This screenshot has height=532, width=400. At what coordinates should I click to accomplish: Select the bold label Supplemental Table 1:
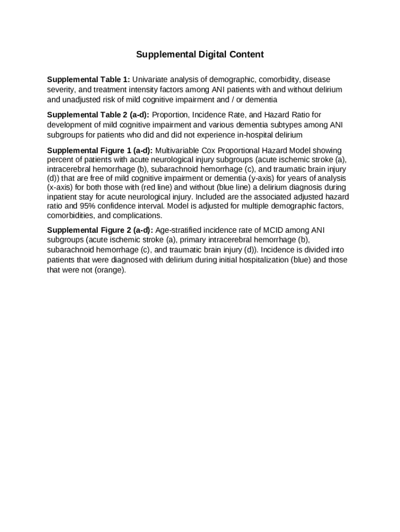click(88, 79)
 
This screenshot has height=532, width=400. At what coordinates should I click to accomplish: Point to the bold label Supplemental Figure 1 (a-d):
click(100, 150)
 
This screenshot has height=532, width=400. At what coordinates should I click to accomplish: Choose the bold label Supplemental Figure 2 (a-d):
click(100, 230)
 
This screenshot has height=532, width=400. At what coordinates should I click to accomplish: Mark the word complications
click(141, 216)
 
